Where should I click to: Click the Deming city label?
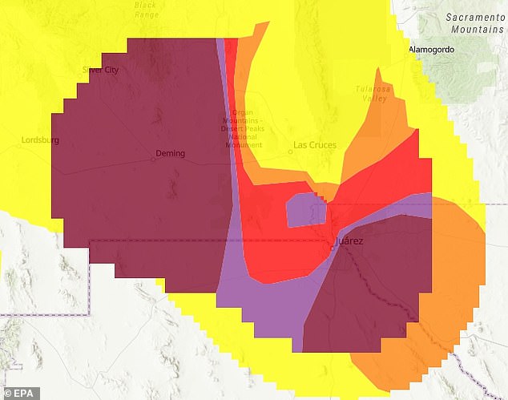tap(170, 153)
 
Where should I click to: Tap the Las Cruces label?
tap(315, 145)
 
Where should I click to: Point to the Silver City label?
tap(100, 70)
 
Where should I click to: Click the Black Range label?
tap(147, 10)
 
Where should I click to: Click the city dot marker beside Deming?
tap(152, 158)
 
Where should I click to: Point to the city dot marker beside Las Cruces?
tap(290, 150)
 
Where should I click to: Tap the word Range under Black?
tap(147, 14)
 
